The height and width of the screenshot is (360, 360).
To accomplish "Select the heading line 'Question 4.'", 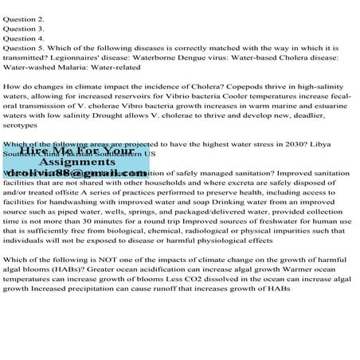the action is [x=24, y=37].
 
